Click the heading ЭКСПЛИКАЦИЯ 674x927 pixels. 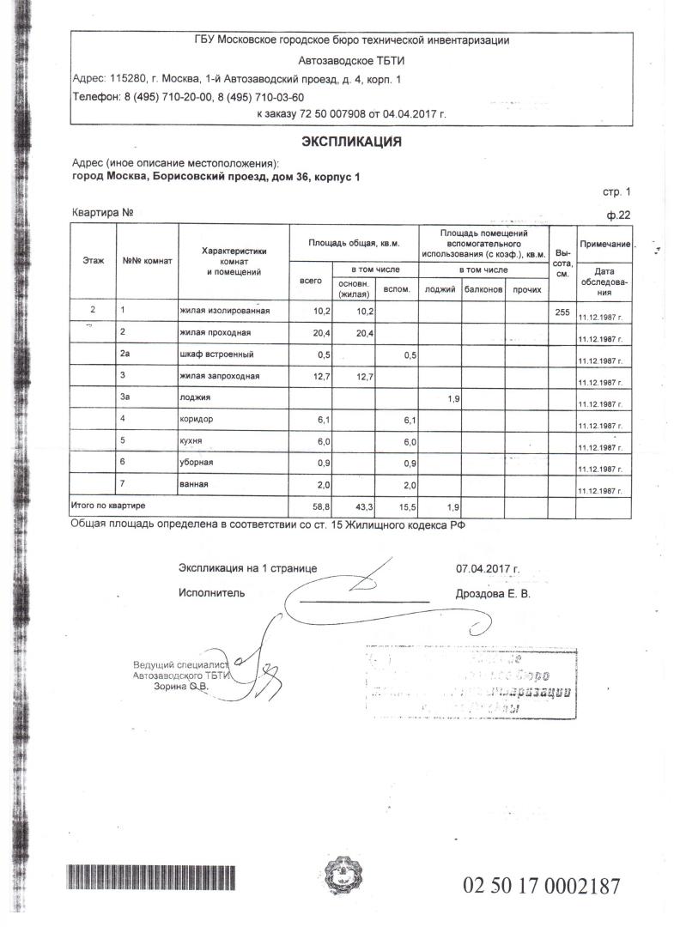[350, 142]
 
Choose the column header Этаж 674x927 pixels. [94, 259]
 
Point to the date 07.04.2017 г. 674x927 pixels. [488, 568]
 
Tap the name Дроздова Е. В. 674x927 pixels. [494, 593]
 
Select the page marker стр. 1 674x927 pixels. [616, 191]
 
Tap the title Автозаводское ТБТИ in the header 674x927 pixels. [349, 61]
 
